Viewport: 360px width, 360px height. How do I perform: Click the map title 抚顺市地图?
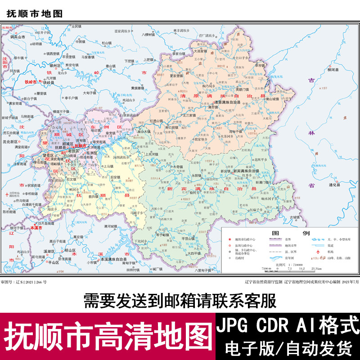(x=34, y=14)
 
